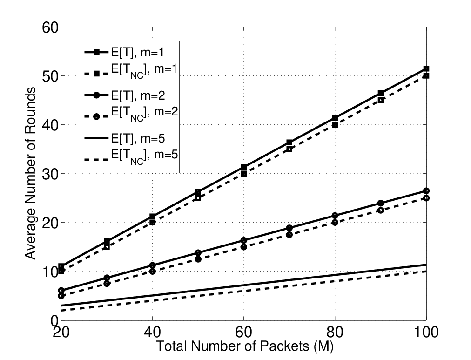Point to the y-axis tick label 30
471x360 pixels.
click(x=50, y=174)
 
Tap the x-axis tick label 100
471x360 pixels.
click(x=426, y=333)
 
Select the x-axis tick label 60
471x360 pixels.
click(x=243, y=333)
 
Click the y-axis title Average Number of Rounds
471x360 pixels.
click(x=30, y=173)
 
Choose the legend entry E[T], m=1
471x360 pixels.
click(x=124, y=53)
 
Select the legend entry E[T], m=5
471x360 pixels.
click(x=125, y=138)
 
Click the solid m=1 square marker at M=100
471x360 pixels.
click(x=426, y=68)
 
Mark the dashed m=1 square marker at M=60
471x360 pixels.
click(x=243, y=174)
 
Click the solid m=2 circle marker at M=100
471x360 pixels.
click(x=426, y=191)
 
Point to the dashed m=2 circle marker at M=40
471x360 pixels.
click(x=153, y=272)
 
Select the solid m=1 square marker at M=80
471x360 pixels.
click(x=335, y=117)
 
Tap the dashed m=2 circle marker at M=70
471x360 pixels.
click(x=289, y=235)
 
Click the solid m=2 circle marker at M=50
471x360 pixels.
click(x=198, y=252)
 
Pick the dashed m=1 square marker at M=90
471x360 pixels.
click(x=381, y=100)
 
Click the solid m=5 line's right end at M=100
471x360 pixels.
click(x=426, y=265)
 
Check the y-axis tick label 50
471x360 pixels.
click(x=50, y=76)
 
